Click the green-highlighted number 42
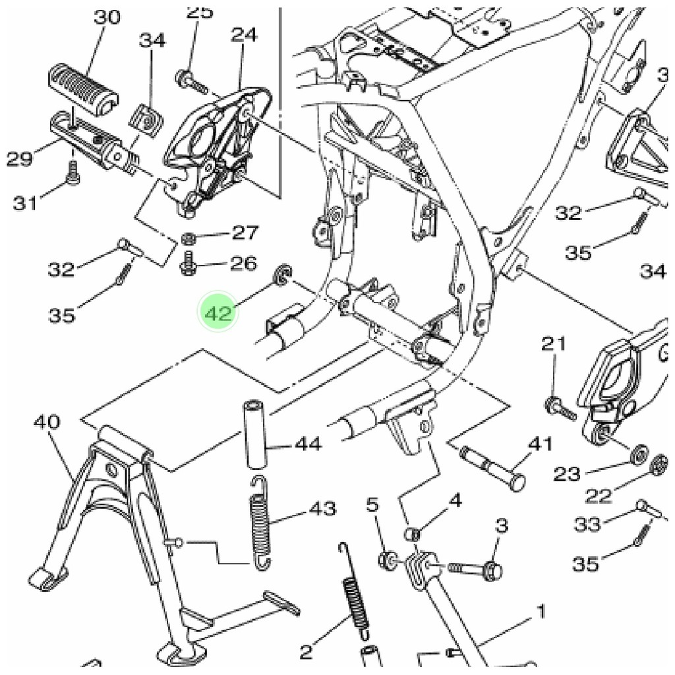(218, 312)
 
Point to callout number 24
(243, 34)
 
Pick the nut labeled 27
(187, 237)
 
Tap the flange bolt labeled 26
(187, 265)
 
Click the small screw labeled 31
(72, 173)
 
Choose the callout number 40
(46, 422)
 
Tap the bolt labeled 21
(558, 407)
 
